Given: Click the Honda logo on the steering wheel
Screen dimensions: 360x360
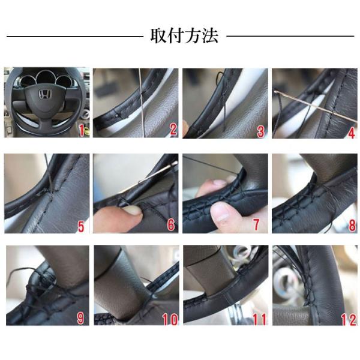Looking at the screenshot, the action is click(x=44, y=94).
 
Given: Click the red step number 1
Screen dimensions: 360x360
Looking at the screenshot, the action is click(x=81, y=130).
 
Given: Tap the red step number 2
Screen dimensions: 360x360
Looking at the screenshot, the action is click(x=173, y=129).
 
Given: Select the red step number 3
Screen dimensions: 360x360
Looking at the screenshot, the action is click(x=260, y=131).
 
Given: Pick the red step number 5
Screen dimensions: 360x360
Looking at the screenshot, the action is click(x=81, y=226).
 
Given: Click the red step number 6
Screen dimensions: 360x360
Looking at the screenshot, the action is click(x=170, y=224).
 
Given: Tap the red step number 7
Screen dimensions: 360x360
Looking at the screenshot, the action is click(x=256, y=224).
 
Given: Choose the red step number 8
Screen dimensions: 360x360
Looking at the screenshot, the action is click(x=352, y=225).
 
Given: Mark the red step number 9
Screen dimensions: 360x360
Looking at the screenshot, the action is click(x=80, y=318).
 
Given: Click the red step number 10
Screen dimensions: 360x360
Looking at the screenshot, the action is click(x=170, y=319).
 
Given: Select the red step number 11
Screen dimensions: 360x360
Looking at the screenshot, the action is click(x=259, y=320).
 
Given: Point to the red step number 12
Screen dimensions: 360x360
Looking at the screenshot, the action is click(x=349, y=320).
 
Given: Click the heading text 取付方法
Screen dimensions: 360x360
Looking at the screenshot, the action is click(x=184, y=36).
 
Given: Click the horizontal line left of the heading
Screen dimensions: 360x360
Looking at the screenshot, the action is click(x=75, y=36).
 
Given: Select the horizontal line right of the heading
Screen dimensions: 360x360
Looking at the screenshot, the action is click(x=290, y=36).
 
